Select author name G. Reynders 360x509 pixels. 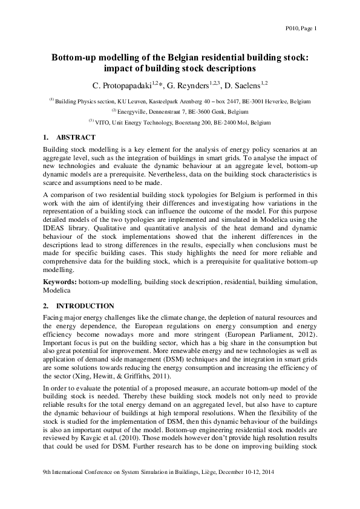(x=193, y=84)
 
